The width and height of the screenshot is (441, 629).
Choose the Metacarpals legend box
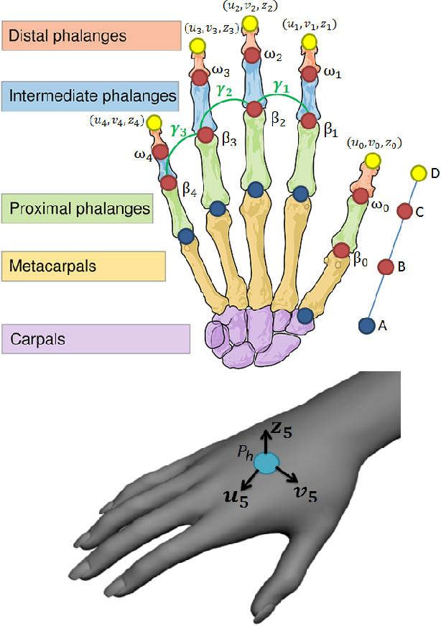pos(83,266)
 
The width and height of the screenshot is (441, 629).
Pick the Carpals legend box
pos(96,338)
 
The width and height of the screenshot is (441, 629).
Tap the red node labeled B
pos(386,267)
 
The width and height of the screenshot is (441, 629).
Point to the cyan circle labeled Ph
pos(267,464)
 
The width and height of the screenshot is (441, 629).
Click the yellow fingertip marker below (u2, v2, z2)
pos(250,25)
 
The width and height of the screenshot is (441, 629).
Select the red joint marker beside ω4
pos(159,152)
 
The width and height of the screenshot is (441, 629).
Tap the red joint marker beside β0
pos(340,251)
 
